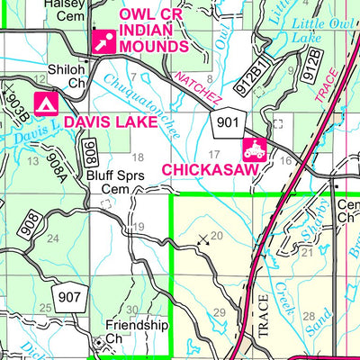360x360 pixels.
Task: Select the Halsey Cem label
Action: [x=67, y=9]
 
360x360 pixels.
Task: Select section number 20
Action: [x=215, y=236]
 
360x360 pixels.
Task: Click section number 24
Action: [x=52, y=238]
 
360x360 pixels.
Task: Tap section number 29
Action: [x=216, y=312]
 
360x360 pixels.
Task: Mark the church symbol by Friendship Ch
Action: [x=99, y=343]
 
